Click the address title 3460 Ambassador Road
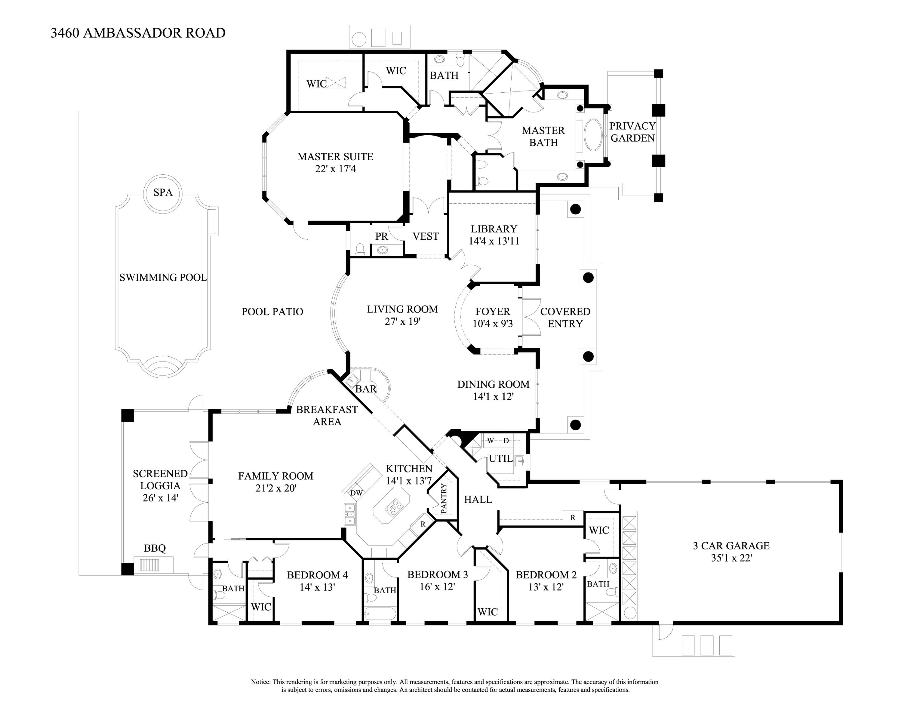click(138, 33)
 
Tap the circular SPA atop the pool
click(163, 193)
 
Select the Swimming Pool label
click(163, 278)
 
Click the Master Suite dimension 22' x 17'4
click(335, 169)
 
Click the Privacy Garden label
click(632, 132)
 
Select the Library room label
click(493, 229)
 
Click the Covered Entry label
click(565, 318)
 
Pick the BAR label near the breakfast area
click(366, 389)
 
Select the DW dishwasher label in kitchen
click(356, 493)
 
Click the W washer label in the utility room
click(490, 441)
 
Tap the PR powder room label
click(381, 237)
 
